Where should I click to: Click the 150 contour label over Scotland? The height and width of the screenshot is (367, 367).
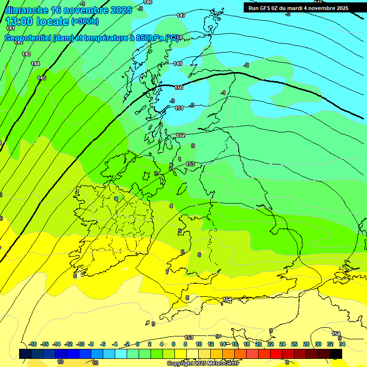[x=179, y=87]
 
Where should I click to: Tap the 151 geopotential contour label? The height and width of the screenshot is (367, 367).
[x=179, y=108]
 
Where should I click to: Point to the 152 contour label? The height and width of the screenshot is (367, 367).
[x=181, y=136]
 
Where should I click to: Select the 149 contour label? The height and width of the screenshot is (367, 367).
[x=178, y=64]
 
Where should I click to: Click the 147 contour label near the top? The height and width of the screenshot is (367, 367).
[x=181, y=16]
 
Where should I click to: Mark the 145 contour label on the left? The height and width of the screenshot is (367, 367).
[x=42, y=78]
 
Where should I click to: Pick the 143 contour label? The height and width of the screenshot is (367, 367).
[x=26, y=54]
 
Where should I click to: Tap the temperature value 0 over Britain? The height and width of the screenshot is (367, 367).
[x=193, y=146]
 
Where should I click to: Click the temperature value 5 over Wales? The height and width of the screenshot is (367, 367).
[x=180, y=231]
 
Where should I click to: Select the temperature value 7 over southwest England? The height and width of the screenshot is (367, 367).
[x=167, y=272]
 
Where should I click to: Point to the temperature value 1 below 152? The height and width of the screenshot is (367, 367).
[x=180, y=159]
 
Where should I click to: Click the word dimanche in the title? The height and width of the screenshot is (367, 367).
[x=27, y=10]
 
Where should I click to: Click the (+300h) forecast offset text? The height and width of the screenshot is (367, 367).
[x=85, y=22]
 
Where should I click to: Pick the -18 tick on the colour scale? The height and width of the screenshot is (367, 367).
[x=32, y=344]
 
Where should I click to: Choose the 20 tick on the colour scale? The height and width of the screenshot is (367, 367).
[x=258, y=344]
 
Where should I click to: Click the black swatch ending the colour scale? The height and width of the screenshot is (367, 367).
[x=336, y=354]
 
